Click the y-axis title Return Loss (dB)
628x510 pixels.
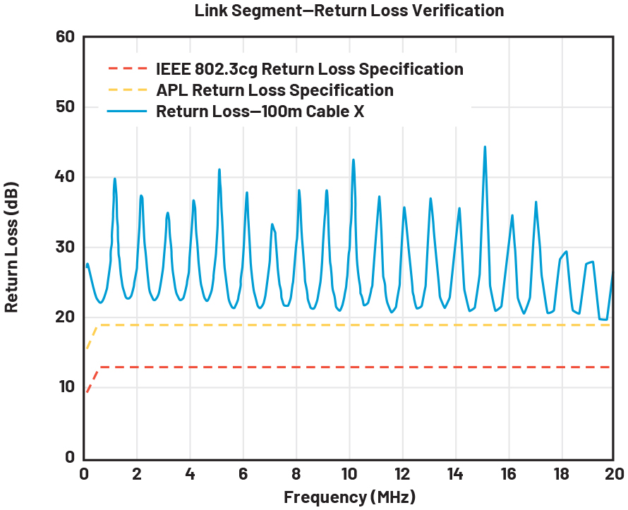click(x=12, y=247)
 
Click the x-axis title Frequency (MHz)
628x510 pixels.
click(x=349, y=497)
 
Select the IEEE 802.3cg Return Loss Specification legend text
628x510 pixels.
click(x=309, y=69)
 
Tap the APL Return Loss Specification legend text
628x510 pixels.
click(x=274, y=90)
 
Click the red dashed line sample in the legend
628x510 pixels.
click(x=128, y=69)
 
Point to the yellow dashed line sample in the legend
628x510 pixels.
click(x=128, y=90)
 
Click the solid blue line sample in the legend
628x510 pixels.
click(x=128, y=111)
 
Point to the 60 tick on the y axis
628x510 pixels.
click(x=65, y=37)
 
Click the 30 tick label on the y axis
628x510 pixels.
click(x=65, y=247)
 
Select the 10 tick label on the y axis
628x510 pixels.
click(x=65, y=387)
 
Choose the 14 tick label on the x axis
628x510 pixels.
click(x=454, y=473)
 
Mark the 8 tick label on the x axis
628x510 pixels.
click(x=296, y=473)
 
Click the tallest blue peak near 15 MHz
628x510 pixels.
click(x=485, y=147)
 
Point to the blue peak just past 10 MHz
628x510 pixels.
click(x=354, y=160)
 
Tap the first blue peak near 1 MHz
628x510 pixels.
click(x=114, y=179)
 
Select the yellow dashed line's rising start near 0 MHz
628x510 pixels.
click(x=92, y=336)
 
